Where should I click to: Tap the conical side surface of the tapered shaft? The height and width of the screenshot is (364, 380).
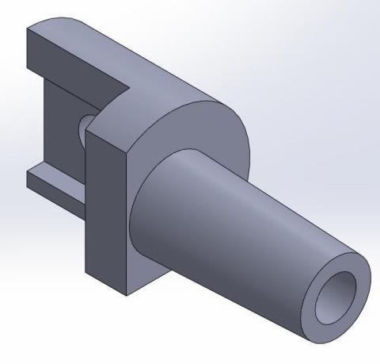pyautogui.click(x=237, y=222)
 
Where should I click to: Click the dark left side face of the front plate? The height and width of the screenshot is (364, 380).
pyautogui.click(x=106, y=214)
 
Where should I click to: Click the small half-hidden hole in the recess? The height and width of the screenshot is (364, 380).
pyautogui.click(x=82, y=127)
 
